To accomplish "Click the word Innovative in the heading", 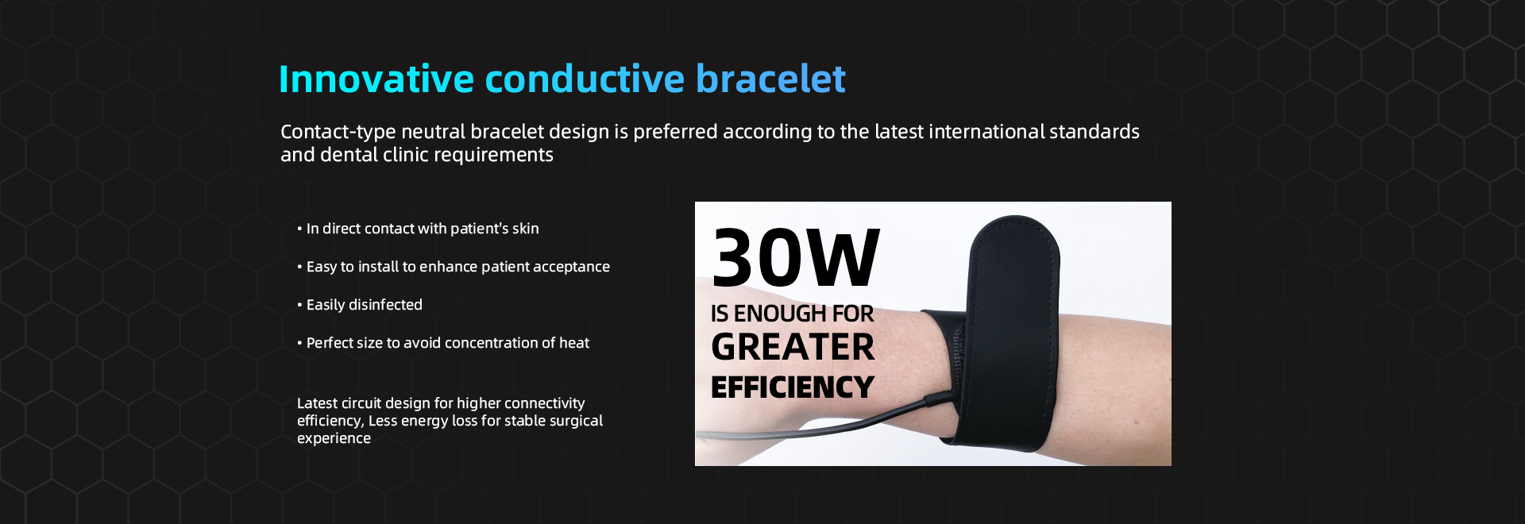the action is [x=376, y=79].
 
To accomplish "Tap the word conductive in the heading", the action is [x=585, y=79].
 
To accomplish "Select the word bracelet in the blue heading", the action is [x=770, y=79].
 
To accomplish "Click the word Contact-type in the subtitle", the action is [x=338, y=133].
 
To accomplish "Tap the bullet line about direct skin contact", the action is [x=418, y=229].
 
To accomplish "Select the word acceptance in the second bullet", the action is [x=571, y=268].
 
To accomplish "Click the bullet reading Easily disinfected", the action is [x=360, y=305].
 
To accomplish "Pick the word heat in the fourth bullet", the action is [x=573, y=343].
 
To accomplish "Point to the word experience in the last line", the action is [x=334, y=439].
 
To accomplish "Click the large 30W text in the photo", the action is [x=796, y=257].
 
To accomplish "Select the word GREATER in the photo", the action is [x=793, y=347].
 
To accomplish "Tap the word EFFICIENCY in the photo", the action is [x=792, y=387].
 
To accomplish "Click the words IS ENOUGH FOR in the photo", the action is [x=792, y=314].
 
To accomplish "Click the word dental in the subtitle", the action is [x=349, y=154].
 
